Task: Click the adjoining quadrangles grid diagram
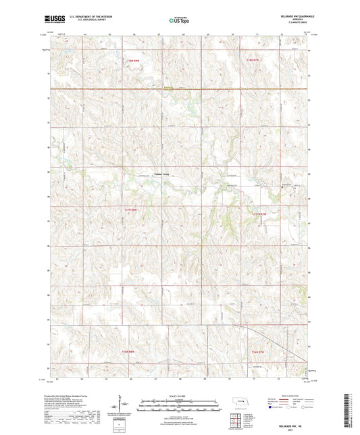click(238, 419)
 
